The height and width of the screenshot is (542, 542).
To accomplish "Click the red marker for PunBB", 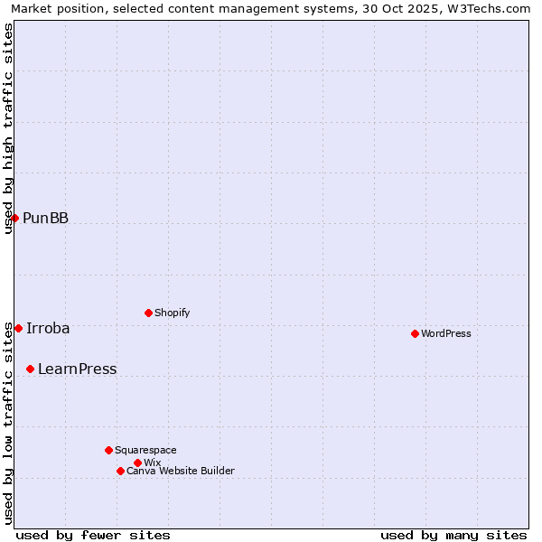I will [14, 218].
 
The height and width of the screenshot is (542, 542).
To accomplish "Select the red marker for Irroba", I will [18, 328].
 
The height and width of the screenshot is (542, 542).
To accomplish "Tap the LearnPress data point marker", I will [30, 369].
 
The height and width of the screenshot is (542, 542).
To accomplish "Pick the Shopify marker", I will [148, 313].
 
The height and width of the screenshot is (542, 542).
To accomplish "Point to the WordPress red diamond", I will [415, 333].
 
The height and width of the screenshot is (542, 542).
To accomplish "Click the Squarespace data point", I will [108, 450].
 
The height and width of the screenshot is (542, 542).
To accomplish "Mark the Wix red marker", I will [137, 463].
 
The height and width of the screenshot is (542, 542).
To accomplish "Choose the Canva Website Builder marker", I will [120, 471].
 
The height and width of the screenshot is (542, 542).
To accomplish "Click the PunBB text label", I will [45, 218].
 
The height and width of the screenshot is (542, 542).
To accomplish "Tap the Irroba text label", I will [48, 328].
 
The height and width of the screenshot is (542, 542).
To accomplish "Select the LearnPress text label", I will [77, 369].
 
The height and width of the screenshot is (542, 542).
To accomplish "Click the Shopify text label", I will [172, 313].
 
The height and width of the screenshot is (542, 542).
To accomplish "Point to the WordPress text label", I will [445, 333].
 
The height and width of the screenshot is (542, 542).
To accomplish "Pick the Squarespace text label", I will [145, 450].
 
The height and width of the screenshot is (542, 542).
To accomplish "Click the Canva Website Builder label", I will [180, 471].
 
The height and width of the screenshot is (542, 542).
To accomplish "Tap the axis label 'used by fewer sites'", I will [93, 535].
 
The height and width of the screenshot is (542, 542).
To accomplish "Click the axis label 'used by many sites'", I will [453, 535].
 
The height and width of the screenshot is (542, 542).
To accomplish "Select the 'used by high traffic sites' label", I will [9, 128].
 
